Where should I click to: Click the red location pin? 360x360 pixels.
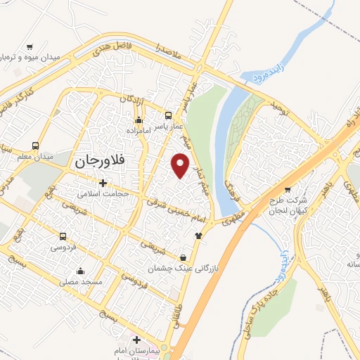[181, 166]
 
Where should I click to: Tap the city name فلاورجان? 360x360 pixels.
[98, 160]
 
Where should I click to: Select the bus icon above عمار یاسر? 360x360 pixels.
[168, 115]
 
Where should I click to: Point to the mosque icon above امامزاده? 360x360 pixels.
[139, 120]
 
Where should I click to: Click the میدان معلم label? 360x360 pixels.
[30, 157]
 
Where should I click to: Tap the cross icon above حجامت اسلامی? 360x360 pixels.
[103, 183]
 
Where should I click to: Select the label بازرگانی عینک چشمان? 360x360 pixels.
[177, 268]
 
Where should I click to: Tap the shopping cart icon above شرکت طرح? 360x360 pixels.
[287, 190]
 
